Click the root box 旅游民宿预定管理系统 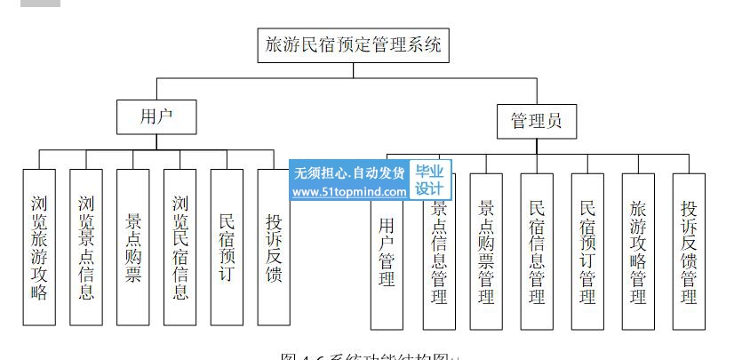(353, 45)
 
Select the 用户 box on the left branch (156, 116)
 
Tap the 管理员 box (536, 120)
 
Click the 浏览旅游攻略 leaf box (39, 246)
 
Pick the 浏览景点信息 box (85, 246)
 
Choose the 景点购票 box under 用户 (132, 246)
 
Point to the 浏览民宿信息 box (180, 246)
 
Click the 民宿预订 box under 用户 (227, 246)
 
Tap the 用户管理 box (387, 252)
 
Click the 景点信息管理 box (438, 252)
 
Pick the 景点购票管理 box (486, 252)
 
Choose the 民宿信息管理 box (537, 252)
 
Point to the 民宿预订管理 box (587, 252)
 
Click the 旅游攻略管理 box (638, 252)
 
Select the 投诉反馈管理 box (689, 252)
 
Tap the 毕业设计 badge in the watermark (430, 180)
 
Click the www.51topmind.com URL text (349, 191)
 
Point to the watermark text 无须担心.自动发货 (349, 172)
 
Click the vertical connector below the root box (353, 70)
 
